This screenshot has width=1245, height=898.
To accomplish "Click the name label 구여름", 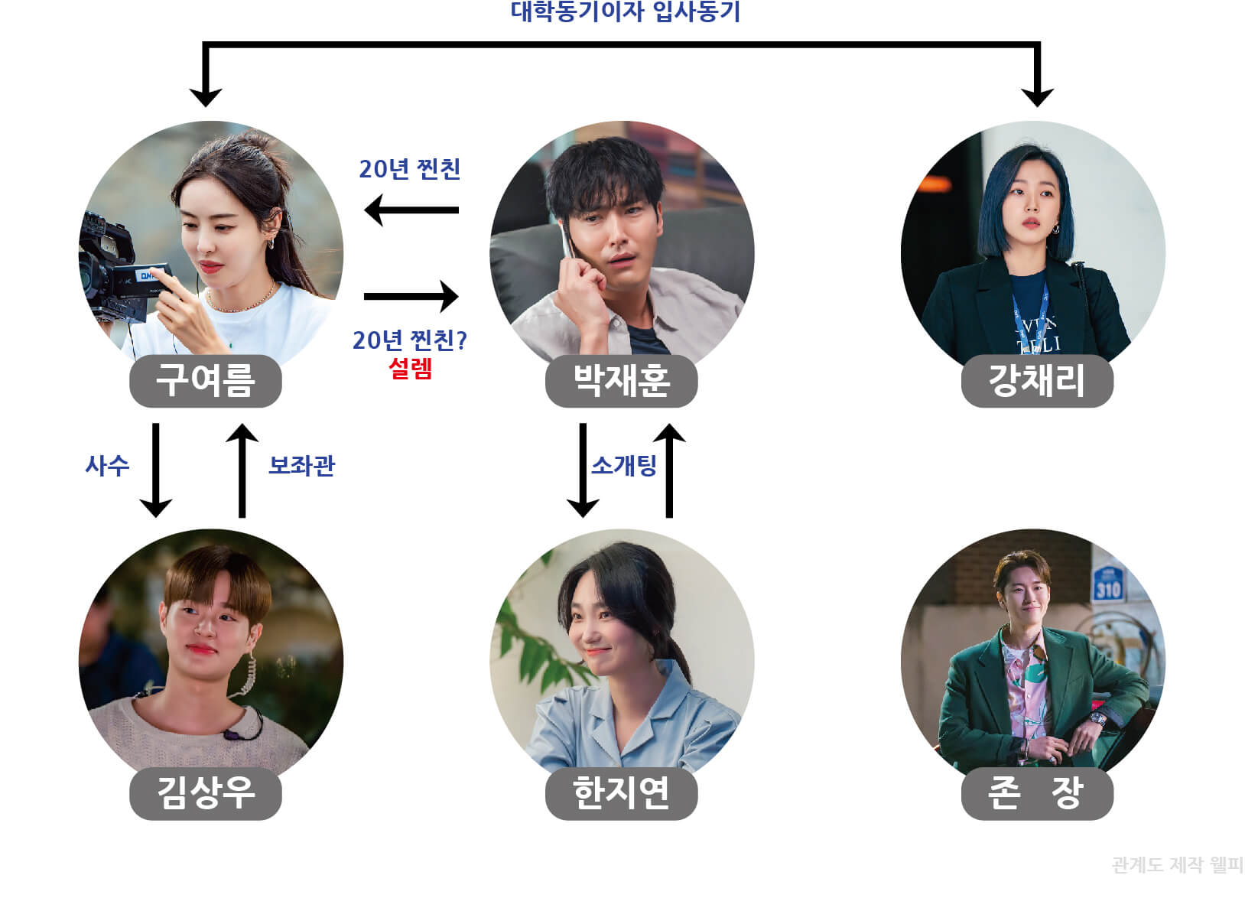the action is click(x=205, y=381).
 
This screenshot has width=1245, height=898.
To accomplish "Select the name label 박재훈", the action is click(x=621, y=381).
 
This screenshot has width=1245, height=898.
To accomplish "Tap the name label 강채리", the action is click(x=1036, y=381).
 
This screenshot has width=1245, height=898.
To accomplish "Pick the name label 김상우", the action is click(x=205, y=793).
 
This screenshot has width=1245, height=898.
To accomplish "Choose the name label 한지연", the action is click(x=621, y=793).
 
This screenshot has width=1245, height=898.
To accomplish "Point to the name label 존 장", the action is click(x=1036, y=793).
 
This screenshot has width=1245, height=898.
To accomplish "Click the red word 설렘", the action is click(x=411, y=369).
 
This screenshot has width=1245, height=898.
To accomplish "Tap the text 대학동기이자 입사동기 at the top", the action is click(x=625, y=12).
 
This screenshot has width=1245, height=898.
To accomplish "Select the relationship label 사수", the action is click(x=107, y=465).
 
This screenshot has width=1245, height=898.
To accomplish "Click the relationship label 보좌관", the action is click(x=301, y=465).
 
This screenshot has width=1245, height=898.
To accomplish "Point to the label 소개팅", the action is click(x=624, y=465).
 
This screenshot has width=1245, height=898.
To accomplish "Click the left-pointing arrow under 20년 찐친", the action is click(x=411, y=210).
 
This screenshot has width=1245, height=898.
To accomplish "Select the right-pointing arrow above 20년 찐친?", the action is click(x=411, y=296).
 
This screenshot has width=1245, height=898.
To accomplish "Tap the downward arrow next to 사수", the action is click(x=156, y=470).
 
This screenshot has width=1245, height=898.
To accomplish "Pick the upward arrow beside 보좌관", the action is click(x=242, y=470).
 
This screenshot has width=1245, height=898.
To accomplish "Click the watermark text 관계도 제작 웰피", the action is click(x=1177, y=865).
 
